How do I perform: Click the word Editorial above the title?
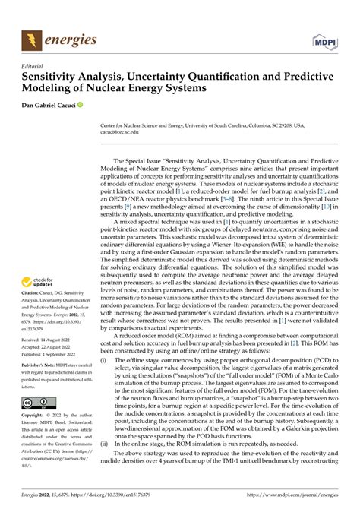(x=36, y=66)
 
